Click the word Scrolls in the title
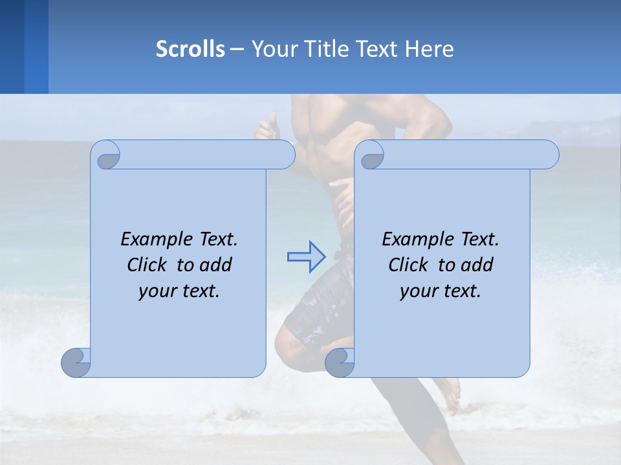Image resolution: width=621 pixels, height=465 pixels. point(190,49)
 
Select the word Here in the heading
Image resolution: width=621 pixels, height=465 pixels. point(430,49)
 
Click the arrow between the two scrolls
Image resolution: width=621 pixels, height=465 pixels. point(307,256)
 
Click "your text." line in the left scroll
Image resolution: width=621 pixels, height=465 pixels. point(179,291)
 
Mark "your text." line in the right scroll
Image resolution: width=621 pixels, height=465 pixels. point(441,291)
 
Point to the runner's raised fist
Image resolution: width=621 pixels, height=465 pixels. point(267,127)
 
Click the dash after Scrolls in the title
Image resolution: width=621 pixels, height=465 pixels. point(237,49)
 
